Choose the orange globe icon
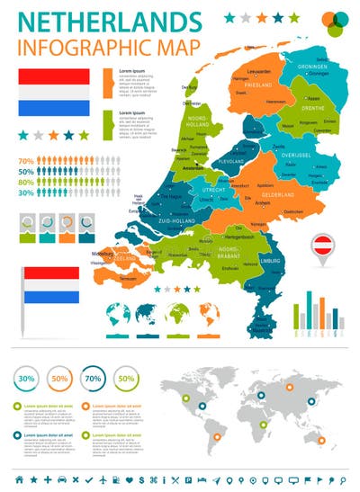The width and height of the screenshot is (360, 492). coord(210,314)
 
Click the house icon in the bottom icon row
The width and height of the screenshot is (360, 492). coord(17,478)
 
